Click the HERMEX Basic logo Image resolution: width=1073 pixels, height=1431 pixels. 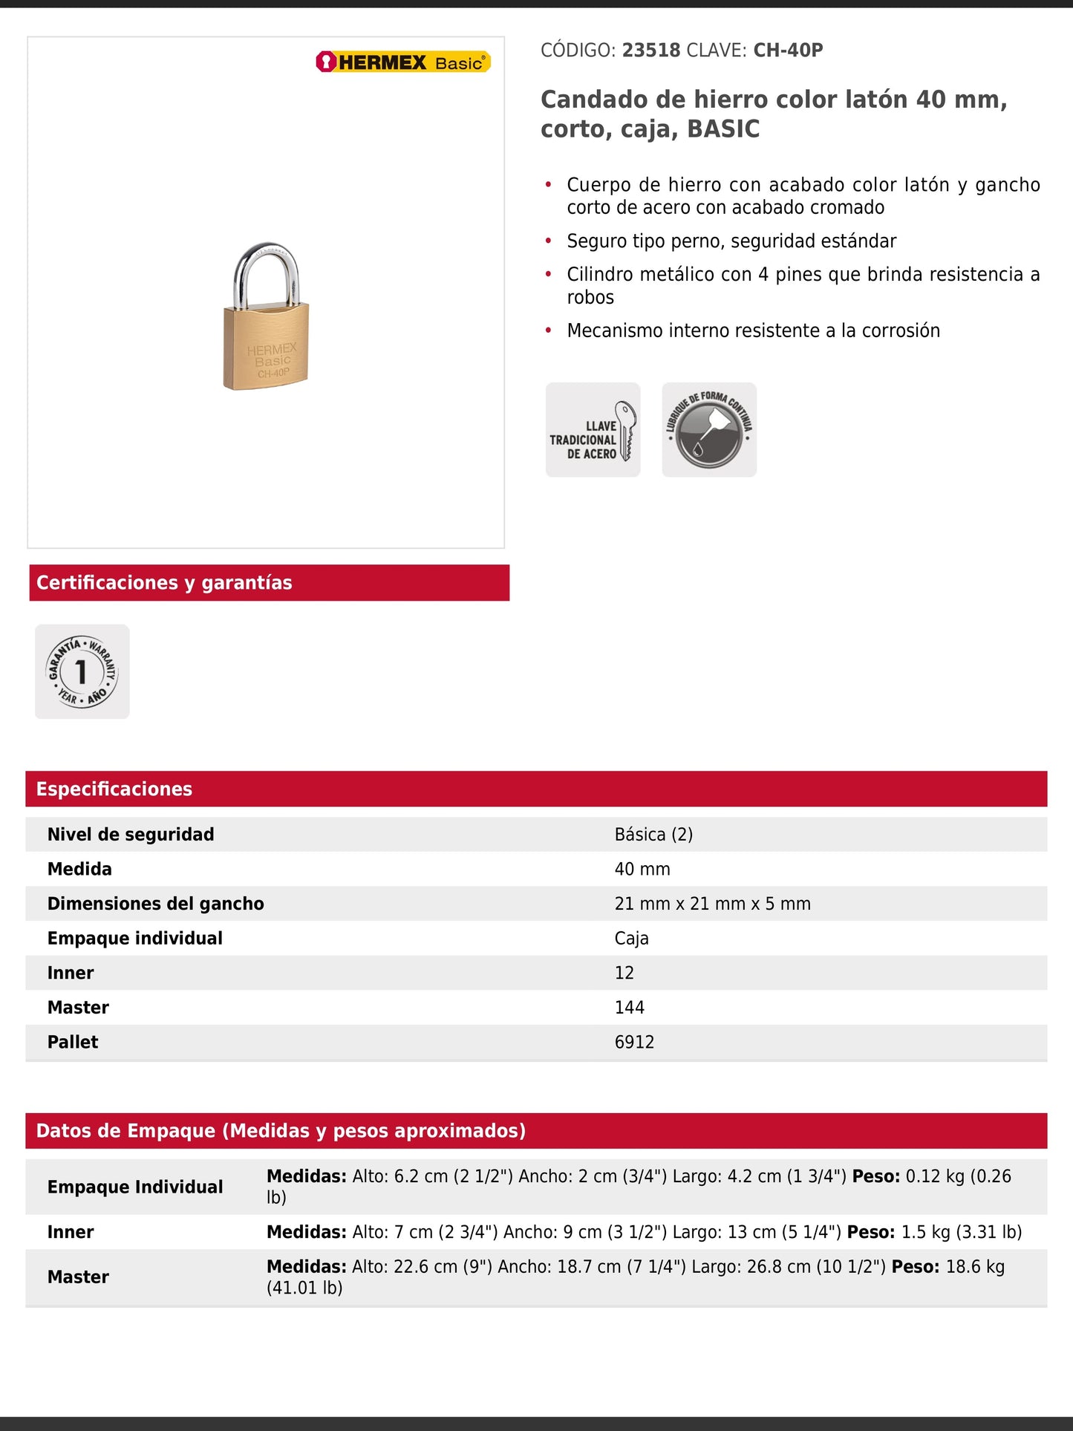pos(403,62)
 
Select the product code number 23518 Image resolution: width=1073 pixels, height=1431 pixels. pos(651,50)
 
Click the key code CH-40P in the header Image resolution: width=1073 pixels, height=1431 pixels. pos(788,50)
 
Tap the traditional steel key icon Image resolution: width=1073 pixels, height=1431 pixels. pos(593,430)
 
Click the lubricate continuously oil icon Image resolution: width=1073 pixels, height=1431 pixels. pos(709,430)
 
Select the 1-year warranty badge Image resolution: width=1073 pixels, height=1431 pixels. pos(82,671)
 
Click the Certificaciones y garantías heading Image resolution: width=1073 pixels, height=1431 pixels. pos(164,583)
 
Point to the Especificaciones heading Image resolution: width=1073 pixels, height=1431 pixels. pos(114,789)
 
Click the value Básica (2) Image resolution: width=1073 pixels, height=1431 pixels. pos(653,835)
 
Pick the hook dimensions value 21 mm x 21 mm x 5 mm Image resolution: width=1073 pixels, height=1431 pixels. pos(712,904)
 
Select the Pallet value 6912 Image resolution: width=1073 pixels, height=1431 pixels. pos(634,1042)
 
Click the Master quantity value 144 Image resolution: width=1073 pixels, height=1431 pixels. pos(629,1008)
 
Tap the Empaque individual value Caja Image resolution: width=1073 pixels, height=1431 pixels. pos(631,939)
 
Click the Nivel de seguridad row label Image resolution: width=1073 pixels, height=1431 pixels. pos(131,835)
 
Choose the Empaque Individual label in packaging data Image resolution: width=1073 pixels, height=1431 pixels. pos(135,1187)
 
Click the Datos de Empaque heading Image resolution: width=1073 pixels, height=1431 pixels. pos(281,1131)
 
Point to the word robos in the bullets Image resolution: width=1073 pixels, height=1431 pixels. pos(590,298)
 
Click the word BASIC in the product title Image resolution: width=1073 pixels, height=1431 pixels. pos(723,129)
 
